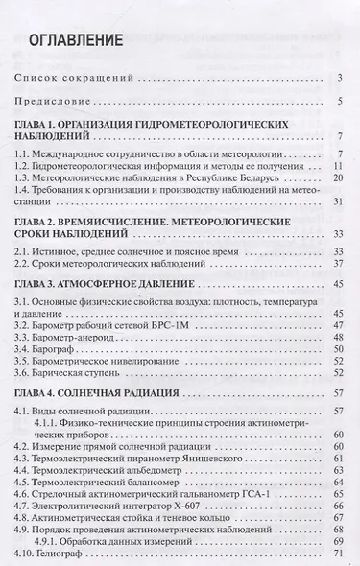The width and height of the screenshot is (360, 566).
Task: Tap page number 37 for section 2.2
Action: point(337,265)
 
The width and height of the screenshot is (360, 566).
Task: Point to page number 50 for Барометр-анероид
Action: point(337,342)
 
